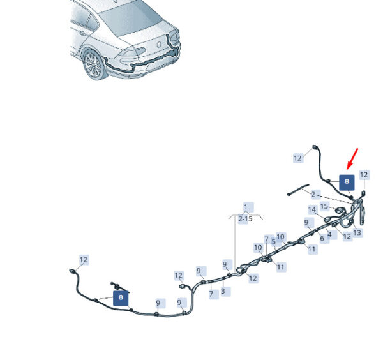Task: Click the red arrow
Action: coord(352,159)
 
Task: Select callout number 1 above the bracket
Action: coord(246,207)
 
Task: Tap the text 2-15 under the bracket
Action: coord(245,218)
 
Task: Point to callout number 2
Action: coord(313,194)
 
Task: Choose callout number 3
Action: coord(274,242)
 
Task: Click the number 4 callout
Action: coord(322,238)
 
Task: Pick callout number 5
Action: coord(357,232)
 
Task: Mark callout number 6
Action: coord(312,209)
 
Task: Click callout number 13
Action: coord(324,206)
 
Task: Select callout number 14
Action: coord(347,183)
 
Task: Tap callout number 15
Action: coord(121,298)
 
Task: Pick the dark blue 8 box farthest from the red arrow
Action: coord(159,45)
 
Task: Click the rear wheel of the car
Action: coord(131,20)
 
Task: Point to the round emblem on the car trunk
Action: coord(347,236)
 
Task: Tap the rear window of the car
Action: coord(364,175)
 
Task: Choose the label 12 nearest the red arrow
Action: coord(312,249)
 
